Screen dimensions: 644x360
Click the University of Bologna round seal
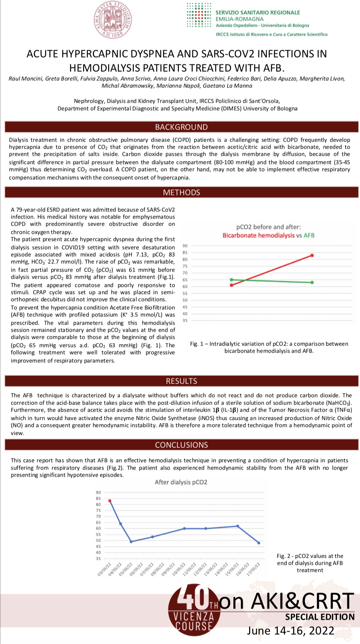click(112, 20)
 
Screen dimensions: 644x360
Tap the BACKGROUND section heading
click(181, 127)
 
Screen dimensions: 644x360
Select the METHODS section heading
click(181, 192)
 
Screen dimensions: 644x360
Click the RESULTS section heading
click(181, 381)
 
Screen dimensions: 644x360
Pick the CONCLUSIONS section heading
click(181, 445)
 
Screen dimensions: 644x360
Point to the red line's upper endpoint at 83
click(312, 256)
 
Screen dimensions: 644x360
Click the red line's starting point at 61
click(232, 285)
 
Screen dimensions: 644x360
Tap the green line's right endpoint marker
click(312, 282)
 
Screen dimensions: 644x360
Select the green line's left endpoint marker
click(232, 280)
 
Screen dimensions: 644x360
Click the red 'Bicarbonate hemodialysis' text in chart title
click(258, 235)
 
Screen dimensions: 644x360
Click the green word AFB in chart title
click(309, 235)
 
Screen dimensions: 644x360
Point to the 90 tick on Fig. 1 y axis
click(185, 246)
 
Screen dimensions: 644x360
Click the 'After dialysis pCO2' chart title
click(181, 482)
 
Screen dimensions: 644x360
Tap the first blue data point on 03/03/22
click(110, 501)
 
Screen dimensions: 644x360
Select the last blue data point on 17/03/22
click(259, 543)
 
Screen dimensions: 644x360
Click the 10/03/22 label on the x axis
click(179, 570)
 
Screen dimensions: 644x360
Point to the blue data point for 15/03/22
click(238, 526)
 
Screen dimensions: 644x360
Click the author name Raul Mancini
click(25, 78)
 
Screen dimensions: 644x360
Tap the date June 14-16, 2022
click(291, 631)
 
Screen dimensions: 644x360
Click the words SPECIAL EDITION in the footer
click(320, 617)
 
